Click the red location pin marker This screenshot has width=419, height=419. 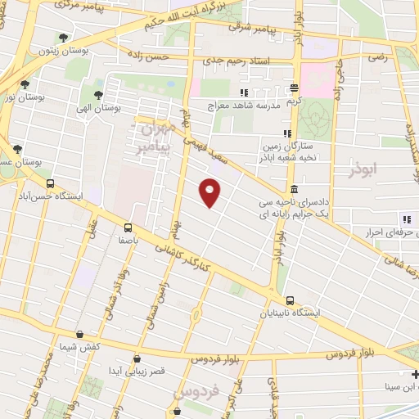(210, 192)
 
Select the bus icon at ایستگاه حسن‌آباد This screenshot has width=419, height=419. (51, 184)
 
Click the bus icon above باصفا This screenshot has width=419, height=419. (128, 228)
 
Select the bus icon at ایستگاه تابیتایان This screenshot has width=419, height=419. (291, 300)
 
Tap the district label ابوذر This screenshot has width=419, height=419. (364, 171)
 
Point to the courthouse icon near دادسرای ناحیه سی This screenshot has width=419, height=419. (294, 189)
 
